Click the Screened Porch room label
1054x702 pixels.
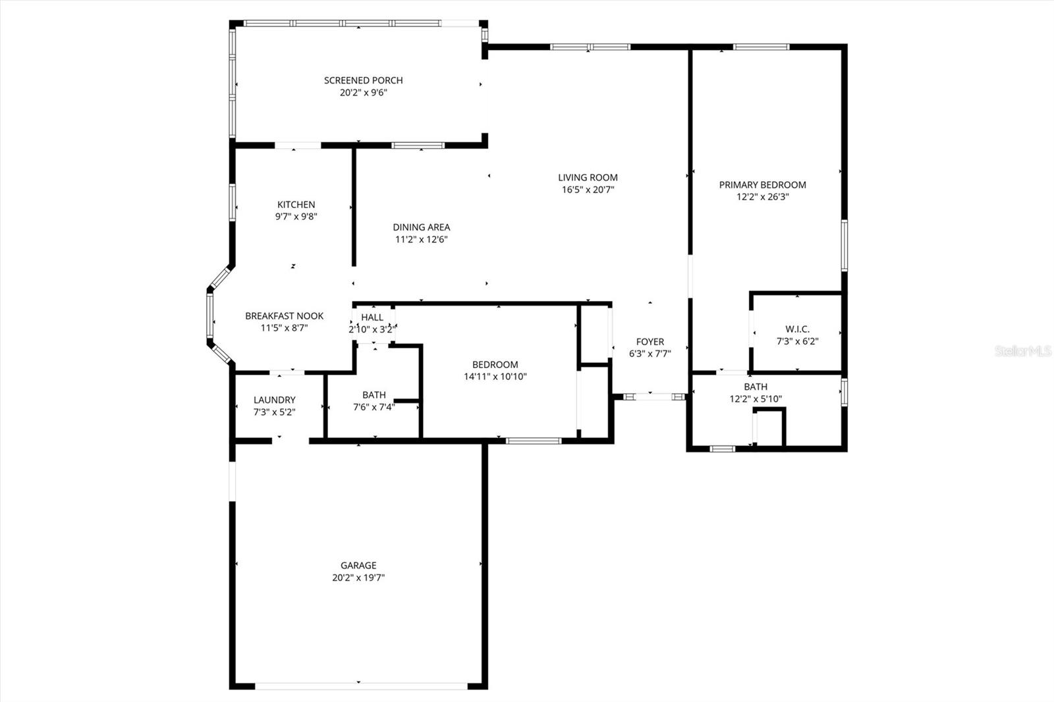point(363,80)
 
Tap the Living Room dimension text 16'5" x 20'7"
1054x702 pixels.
point(588,190)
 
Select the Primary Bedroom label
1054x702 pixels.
point(762,185)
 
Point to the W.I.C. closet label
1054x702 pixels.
point(797,329)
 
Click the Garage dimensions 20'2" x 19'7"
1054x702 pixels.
point(358,578)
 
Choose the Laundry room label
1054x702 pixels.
point(275,400)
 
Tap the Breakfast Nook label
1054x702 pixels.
point(284,316)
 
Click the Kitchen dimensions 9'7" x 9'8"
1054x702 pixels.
point(296,217)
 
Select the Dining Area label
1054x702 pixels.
point(422,227)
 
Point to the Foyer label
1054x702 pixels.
point(650,342)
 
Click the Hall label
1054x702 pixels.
point(372,317)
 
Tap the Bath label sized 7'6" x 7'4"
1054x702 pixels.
point(374,395)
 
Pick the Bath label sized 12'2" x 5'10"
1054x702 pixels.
point(756,387)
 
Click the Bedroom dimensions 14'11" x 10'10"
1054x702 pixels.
point(495,377)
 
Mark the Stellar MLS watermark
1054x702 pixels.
point(1023,351)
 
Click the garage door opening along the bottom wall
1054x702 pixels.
point(361,686)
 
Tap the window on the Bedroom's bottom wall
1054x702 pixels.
point(533,441)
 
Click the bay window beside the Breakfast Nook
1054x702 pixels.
point(210,317)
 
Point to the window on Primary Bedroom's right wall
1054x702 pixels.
point(844,246)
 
